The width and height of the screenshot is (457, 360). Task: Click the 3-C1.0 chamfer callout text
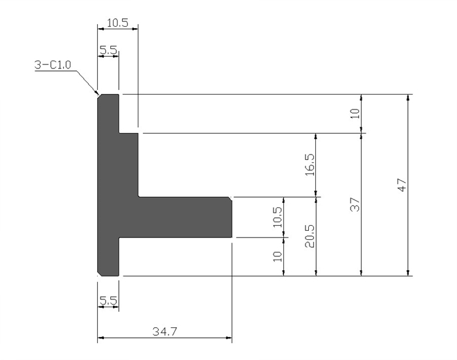point(52,65)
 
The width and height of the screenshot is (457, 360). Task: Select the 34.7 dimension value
point(165,331)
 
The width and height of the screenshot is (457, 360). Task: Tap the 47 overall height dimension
point(402,185)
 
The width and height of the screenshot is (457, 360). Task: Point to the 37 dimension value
point(355,204)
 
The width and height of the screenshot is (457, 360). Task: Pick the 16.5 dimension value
point(310,165)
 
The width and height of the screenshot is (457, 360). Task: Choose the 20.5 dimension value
point(310,236)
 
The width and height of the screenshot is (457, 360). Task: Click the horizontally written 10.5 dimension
point(118,22)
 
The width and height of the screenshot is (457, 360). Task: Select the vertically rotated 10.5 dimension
point(277,217)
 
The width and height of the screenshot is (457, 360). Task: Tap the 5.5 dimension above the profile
point(108,50)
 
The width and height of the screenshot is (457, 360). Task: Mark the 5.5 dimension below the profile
point(108,300)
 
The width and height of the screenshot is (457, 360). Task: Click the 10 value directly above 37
point(355,113)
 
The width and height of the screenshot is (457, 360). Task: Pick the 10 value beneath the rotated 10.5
point(277,256)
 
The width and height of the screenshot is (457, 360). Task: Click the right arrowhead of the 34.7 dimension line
point(229,338)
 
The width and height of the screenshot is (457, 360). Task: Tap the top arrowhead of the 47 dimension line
point(408,98)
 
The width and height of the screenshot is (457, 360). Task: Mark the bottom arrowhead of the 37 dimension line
point(362,273)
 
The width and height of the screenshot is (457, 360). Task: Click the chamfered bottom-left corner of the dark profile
point(99,274)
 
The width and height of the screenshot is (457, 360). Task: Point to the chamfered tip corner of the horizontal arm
point(230,199)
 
